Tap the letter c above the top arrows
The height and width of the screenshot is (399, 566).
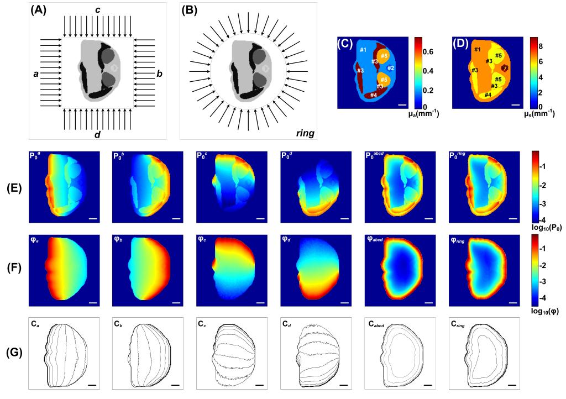coord(97,9)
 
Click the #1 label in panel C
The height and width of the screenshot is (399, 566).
coord(363,51)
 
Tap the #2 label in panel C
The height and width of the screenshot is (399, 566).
coord(390,68)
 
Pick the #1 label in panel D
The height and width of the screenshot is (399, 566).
coord(477,51)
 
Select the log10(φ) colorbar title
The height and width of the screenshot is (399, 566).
coord(543,311)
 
